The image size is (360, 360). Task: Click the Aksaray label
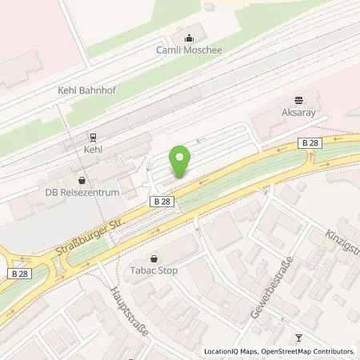(x=298, y=114)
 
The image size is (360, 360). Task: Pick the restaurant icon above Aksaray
(x=298, y=101)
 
